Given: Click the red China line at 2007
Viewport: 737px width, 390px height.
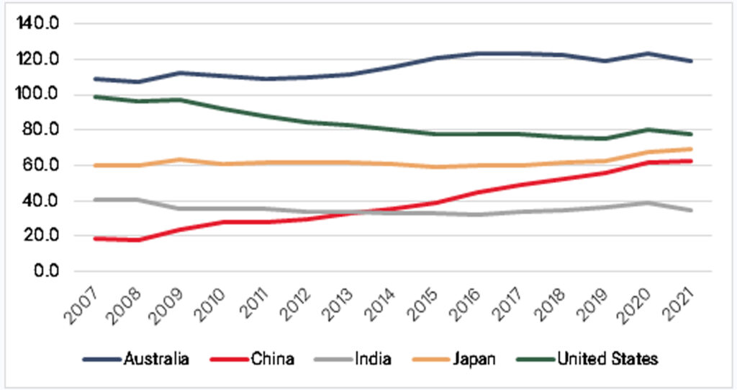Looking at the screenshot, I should tap(96, 238).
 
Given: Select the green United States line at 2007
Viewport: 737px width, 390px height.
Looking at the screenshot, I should tap(96, 97).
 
